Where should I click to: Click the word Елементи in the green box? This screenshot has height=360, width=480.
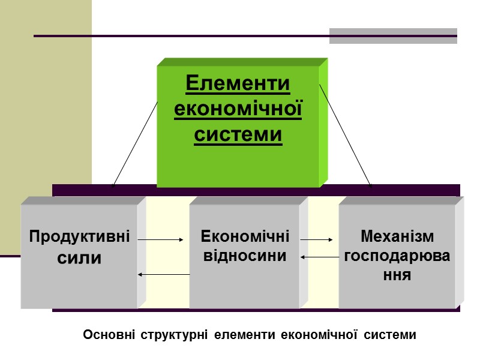click(x=238, y=83)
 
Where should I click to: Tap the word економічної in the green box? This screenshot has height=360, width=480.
click(x=238, y=109)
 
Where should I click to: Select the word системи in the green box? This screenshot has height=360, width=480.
click(x=238, y=135)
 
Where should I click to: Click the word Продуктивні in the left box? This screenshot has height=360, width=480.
click(x=80, y=236)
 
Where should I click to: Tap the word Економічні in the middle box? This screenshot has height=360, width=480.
click(x=245, y=236)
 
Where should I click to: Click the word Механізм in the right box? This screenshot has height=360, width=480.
click(x=397, y=236)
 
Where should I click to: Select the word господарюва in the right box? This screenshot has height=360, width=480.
click(x=397, y=257)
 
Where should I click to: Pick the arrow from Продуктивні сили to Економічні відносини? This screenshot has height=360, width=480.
click(x=160, y=239)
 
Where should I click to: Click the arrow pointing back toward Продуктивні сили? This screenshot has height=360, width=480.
click(x=163, y=275)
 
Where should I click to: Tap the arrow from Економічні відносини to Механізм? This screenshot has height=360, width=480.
click(x=316, y=239)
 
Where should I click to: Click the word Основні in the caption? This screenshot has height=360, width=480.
click(x=109, y=335)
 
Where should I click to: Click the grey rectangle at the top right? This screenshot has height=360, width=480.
click(x=393, y=36)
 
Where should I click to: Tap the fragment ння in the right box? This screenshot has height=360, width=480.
click(x=397, y=276)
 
